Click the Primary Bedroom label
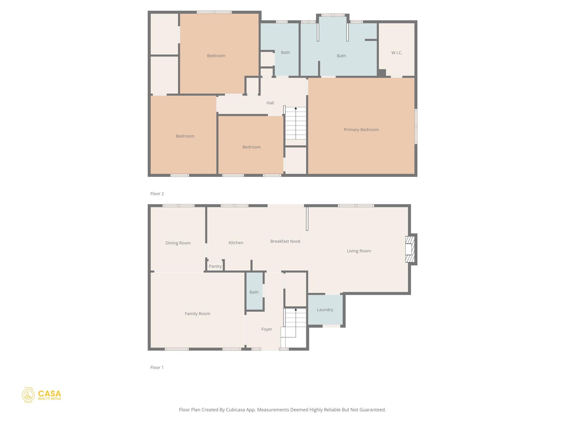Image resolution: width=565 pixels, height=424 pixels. point(361,129)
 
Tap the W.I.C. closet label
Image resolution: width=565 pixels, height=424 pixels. point(397,53)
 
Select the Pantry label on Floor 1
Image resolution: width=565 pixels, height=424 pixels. point(215,266)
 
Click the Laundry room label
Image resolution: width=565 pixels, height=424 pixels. point(325,310)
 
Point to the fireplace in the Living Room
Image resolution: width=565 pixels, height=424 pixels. point(410,249)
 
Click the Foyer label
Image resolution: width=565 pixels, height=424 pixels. point(266,329)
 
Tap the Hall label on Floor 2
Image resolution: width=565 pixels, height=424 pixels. point(270,103)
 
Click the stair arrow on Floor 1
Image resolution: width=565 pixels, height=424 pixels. point(296,310)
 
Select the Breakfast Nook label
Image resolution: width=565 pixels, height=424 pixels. point(285,241)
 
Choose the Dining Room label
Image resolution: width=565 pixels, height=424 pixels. point(178,243)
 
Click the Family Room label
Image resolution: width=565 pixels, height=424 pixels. point(197,314)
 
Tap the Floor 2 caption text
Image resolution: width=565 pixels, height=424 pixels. point(157,194)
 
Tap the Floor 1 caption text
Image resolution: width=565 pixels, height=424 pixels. point(157,367)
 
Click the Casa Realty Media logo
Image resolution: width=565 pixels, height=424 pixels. point(41,395)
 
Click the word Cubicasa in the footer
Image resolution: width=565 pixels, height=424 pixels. point(236,410)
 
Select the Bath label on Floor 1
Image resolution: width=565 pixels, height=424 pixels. point(254,292)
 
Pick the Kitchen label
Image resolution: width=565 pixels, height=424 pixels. point(236,243)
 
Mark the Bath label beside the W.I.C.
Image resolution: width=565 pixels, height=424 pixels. point(341,56)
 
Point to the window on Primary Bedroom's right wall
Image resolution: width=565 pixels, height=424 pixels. point(416,126)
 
